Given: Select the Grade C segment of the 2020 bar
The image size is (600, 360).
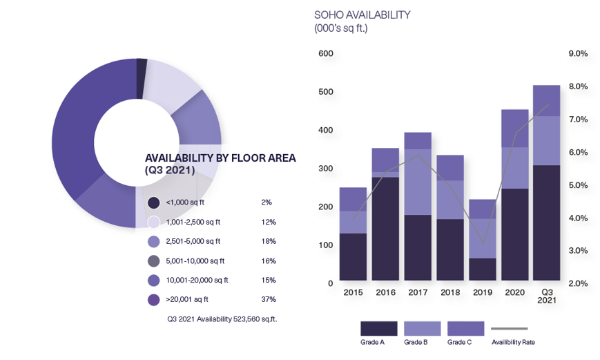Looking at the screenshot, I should coord(514,128).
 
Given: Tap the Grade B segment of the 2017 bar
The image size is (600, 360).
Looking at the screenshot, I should coord(418,182).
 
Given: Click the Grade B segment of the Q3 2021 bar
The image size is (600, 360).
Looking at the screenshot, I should coord(546,140).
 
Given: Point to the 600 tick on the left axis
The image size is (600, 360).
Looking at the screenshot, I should coord(325,54).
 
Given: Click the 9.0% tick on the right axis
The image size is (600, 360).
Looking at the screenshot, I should coord(577,54).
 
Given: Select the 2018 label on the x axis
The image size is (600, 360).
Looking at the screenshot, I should coord(449,293).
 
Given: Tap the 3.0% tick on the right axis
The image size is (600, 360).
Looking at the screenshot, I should coord(577,251).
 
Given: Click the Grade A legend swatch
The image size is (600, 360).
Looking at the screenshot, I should coord(378,328).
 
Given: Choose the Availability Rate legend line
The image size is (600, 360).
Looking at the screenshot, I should coord(510,328).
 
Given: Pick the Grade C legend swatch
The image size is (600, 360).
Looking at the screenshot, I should coord(466,328).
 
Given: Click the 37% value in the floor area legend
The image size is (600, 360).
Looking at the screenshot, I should coord(269,299).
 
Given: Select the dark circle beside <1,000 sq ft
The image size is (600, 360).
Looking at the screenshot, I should coord(154,202).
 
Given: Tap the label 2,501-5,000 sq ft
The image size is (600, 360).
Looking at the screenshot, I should coord(194,241).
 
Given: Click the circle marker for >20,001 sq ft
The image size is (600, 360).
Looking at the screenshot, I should coord(154,299).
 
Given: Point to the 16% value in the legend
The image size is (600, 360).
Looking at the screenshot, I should coord(269,260).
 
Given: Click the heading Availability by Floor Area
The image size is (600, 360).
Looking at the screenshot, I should coord(220,164).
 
